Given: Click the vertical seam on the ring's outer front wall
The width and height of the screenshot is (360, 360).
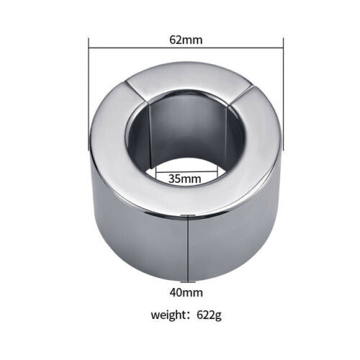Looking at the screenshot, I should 189,245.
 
